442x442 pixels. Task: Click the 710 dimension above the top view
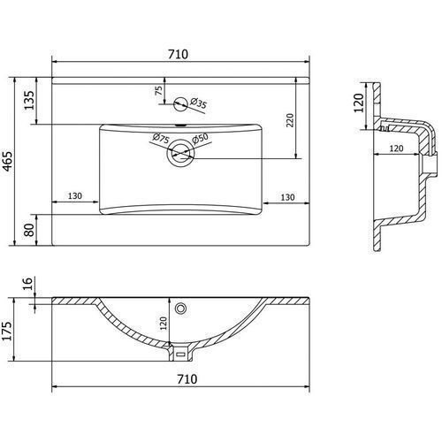point(178,54)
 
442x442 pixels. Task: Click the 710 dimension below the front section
point(187,379)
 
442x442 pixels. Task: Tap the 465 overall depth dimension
point(7,161)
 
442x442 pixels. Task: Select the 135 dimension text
point(29,100)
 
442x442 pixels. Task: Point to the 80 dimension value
point(29,230)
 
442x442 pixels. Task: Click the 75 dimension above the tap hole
point(158,90)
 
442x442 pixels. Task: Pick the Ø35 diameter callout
point(199,103)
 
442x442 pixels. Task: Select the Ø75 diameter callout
point(161,138)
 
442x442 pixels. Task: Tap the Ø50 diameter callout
point(200,139)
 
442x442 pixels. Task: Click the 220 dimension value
point(290,120)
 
